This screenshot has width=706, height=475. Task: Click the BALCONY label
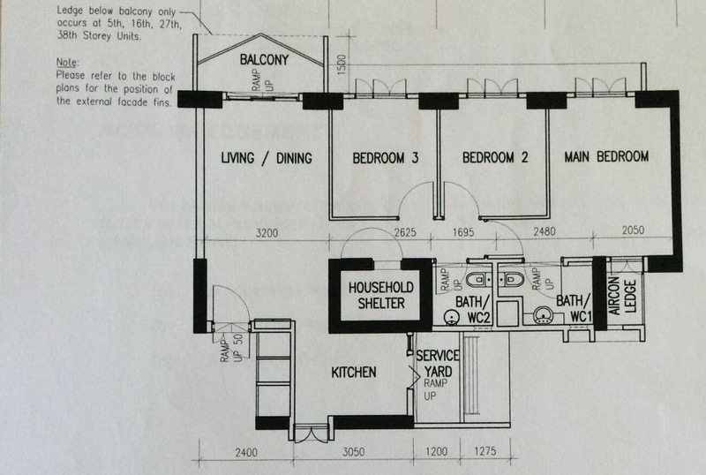pyautogui.click(x=264, y=59)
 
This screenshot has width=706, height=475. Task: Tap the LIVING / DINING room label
pyautogui.click(x=267, y=158)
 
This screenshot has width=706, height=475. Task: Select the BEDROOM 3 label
pyautogui.click(x=386, y=158)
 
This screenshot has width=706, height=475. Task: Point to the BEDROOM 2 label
pyautogui.click(x=495, y=157)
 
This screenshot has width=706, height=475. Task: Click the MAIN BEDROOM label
pyautogui.click(x=606, y=156)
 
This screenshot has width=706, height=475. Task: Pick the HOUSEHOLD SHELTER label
pyautogui.click(x=381, y=295)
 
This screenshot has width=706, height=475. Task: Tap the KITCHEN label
pyautogui.click(x=354, y=373)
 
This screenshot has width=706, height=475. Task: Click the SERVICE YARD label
pyautogui.click(x=438, y=363)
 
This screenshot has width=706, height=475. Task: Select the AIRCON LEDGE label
pyautogui.click(x=622, y=296)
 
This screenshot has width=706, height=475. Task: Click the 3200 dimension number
pyautogui.click(x=267, y=233)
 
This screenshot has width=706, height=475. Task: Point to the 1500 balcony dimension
pyautogui.click(x=342, y=65)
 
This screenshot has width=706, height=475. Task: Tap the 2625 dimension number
pyautogui.click(x=405, y=232)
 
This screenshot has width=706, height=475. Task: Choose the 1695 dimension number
pyautogui.click(x=463, y=232)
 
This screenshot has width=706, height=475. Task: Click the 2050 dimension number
pyautogui.click(x=633, y=230)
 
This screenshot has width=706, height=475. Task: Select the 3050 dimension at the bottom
pyautogui.click(x=354, y=451)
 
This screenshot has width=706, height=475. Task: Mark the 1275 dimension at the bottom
pyautogui.click(x=484, y=450)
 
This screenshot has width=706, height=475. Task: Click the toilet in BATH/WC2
pyautogui.click(x=478, y=279)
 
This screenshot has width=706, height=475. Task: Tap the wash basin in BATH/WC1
pyautogui.click(x=544, y=315)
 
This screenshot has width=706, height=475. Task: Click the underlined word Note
pyautogui.click(x=67, y=62)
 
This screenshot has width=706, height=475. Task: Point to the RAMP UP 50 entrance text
pyautogui.click(x=232, y=348)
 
